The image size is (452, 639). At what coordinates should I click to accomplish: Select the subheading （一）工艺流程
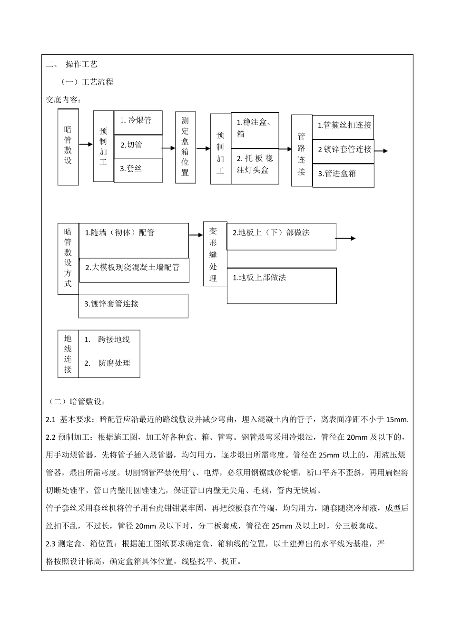coord(87,82)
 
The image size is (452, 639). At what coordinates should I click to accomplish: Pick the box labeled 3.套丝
coord(138,169)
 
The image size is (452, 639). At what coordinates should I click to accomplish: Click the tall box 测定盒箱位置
coord(185,147)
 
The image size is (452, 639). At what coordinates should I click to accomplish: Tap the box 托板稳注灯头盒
coord(255,165)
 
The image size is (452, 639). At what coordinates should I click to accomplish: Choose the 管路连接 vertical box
coord(301,150)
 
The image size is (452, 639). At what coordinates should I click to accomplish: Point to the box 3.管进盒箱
coord(343,174)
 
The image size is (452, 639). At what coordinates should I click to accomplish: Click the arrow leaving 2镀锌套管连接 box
coord(381,151)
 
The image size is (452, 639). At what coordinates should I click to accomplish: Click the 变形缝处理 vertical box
coord(214,254)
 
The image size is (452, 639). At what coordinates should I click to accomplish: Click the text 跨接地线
coord(114,339)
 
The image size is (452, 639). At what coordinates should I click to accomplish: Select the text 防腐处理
coord(114,363)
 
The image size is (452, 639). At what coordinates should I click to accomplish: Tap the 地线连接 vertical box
coord(68,354)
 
